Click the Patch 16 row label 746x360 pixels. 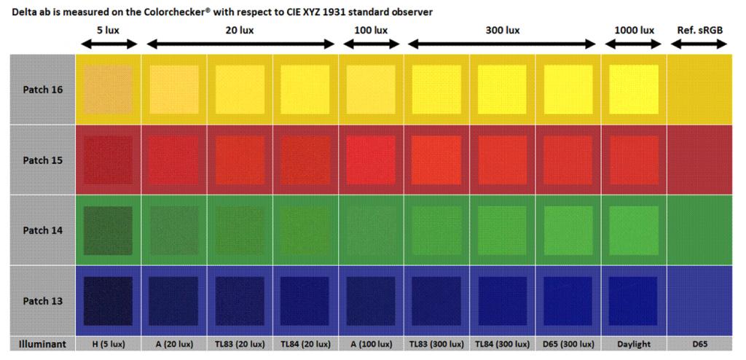point(42,90)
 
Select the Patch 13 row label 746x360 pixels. point(42,301)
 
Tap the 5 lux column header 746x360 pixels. point(108,31)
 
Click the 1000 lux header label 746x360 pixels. point(634,31)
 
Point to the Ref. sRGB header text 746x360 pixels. point(698,31)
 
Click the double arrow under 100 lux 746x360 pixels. point(372,44)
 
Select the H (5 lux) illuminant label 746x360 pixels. point(109,344)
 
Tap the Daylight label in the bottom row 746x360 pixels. point(634,344)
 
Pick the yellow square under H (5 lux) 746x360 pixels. point(109,90)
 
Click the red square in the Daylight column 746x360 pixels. point(634,160)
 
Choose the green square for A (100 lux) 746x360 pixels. point(372,230)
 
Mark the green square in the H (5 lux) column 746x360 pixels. point(109,230)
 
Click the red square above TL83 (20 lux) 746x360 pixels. point(240,160)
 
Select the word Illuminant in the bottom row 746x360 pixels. point(43,344)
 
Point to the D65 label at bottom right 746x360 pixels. point(699,344)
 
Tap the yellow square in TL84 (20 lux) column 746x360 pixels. point(305,90)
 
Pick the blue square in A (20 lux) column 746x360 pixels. point(174,301)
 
